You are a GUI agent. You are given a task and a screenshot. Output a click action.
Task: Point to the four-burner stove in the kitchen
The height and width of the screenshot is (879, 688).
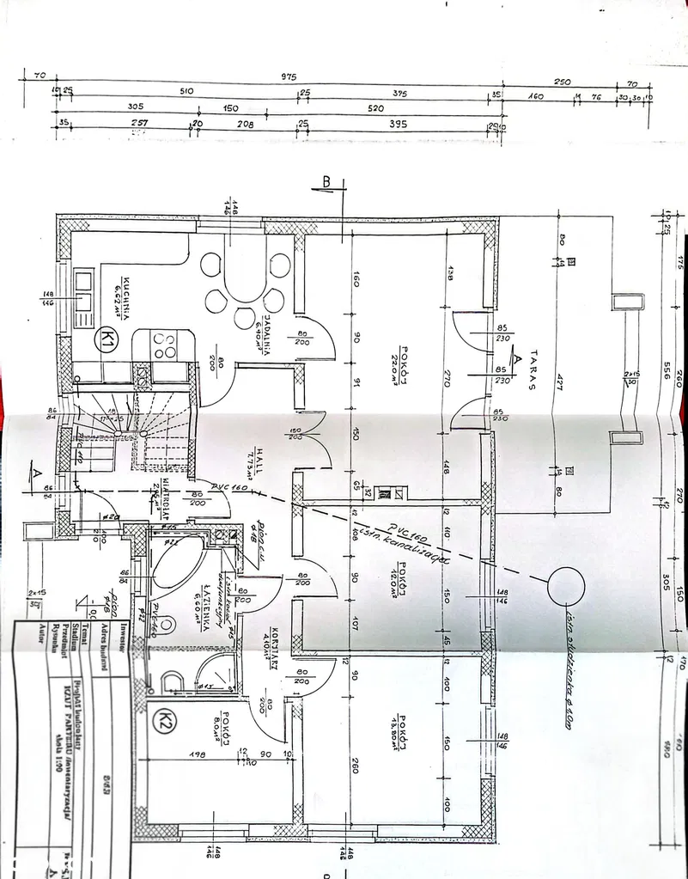(164, 345)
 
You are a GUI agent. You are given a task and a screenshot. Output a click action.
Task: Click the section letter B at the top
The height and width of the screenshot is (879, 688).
(326, 181)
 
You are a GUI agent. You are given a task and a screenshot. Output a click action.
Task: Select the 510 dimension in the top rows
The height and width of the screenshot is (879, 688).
(186, 91)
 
